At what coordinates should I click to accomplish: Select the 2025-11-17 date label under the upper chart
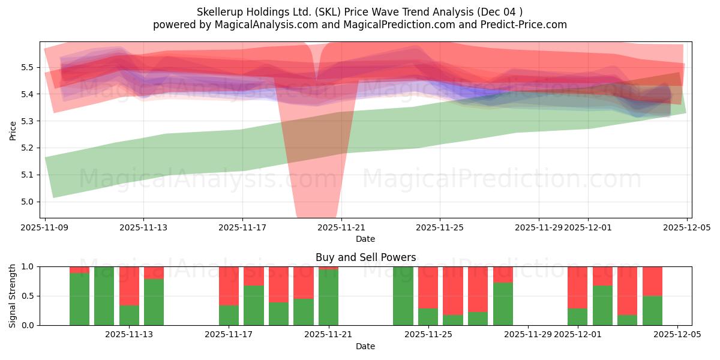tap(242, 227)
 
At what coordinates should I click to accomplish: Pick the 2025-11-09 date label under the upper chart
tap(45, 227)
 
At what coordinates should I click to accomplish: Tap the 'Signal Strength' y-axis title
tap(13, 296)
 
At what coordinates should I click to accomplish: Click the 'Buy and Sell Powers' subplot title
tap(365, 257)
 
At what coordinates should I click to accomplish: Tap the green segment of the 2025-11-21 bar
tap(328, 297)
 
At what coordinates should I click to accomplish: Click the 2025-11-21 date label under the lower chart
tap(328, 335)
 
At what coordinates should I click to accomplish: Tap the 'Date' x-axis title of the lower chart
tap(365, 346)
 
